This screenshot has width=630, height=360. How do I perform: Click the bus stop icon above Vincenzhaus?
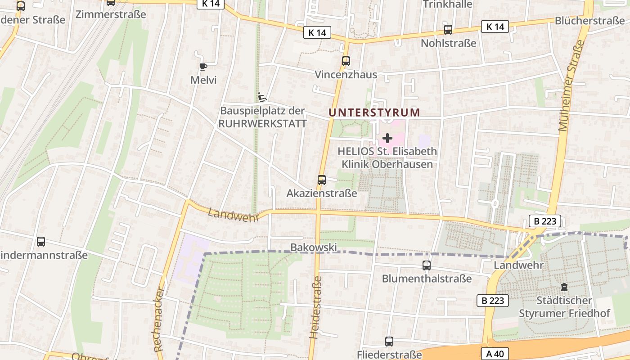point(346,61)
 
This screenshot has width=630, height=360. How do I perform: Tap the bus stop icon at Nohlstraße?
point(448,30)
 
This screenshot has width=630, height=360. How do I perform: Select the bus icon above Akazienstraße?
point(321,180)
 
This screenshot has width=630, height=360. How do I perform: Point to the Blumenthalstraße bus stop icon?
point(426,265)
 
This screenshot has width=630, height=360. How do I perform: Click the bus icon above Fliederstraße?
point(389,342)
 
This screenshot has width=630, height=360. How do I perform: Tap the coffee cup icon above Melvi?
point(203,67)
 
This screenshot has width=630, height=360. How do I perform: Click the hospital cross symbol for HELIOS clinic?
point(387,138)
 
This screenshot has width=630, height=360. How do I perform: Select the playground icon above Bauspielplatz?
point(262,97)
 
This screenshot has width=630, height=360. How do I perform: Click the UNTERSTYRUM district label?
point(374,112)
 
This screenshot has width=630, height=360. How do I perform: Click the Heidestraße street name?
point(316,307)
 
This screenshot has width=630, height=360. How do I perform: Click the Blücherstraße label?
point(589,21)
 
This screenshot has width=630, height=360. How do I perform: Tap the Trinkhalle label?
point(447,4)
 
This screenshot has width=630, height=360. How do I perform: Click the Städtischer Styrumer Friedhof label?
point(564,306)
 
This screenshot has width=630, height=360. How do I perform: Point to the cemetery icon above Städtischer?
point(564,287)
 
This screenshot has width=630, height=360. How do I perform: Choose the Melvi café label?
point(203,80)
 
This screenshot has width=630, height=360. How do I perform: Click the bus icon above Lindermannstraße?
point(41,242)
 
